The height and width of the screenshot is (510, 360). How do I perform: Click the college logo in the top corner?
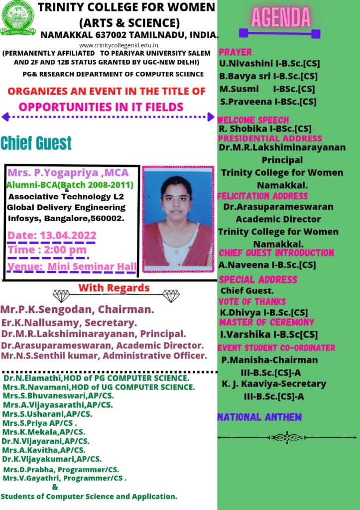tap(18, 17)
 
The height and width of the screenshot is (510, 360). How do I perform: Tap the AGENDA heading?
tap(281, 17)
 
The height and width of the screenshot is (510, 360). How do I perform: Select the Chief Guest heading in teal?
tap(36, 143)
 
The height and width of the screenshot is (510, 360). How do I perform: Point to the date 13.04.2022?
tap(52, 236)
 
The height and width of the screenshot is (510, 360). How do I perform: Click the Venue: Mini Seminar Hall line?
tap(72, 267)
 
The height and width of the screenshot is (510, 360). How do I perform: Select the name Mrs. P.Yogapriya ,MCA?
tap(68, 173)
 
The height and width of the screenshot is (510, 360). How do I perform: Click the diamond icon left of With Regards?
tap(61, 296)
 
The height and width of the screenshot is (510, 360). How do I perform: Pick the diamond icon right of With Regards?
tap(171, 296)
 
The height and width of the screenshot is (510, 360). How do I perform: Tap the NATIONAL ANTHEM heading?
tap(259, 417)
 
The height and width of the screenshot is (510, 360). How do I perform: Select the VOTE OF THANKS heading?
tap(252, 302)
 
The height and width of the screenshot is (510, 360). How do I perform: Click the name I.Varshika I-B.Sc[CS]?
tap(269, 334)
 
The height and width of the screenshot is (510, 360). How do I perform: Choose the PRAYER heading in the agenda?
tap(236, 52)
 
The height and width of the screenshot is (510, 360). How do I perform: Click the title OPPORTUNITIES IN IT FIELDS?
tap(101, 107)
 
